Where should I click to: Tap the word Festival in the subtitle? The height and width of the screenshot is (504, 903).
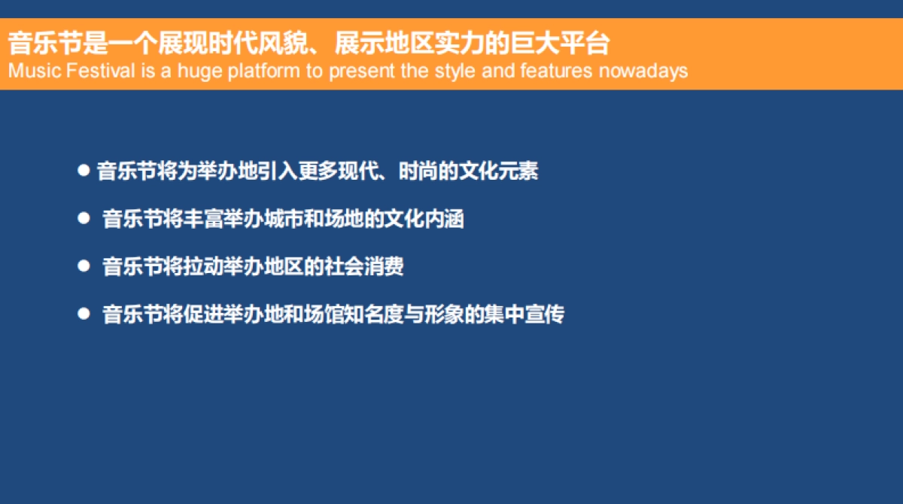pyautogui.click(x=100, y=71)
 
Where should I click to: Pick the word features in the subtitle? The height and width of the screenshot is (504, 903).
pyautogui.click(x=556, y=71)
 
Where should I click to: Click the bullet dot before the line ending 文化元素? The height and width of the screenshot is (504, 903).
pyautogui.click(x=84, y=171)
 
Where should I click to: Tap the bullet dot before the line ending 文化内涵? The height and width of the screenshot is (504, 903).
pyautogui.click(x=84, y=218)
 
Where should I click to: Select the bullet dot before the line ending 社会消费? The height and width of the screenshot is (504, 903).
pyautogui.click(x=84, y=266)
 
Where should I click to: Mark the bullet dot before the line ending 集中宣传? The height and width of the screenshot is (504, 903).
pyautogui.click(x=84, y=314)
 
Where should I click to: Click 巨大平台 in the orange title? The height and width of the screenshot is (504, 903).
pyautogui.click(x=561, y=43)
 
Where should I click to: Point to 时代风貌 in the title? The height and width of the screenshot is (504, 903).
pyautogui.click(x=259, y=43)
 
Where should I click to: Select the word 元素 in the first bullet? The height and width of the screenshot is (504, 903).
pyautogui.click(x=518, y=171)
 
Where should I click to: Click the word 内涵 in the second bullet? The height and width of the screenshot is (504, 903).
pyautogui.click(x=444, y=219)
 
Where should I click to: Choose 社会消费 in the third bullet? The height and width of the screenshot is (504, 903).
pyautogui.click(x=363, y=266)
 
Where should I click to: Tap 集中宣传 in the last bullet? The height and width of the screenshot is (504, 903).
pyautogui.click(x=524, y=314)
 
